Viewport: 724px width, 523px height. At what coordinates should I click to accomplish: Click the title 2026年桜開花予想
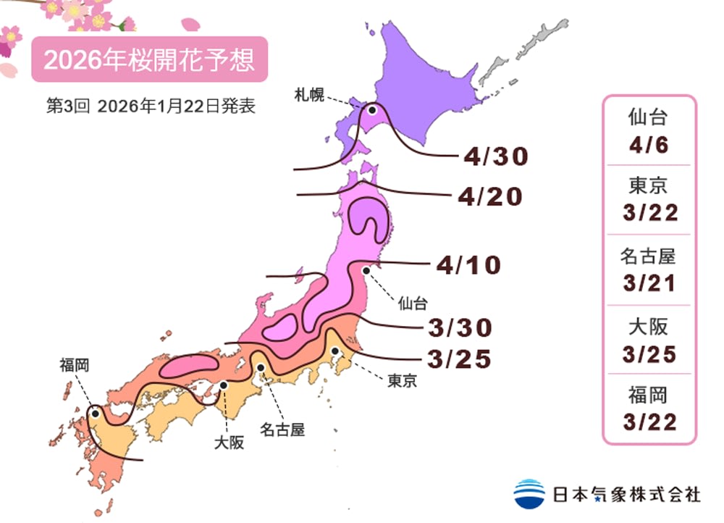click(149, 59)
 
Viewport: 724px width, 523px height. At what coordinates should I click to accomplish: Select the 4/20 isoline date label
click(489, 196)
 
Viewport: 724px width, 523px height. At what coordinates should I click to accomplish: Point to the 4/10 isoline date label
click(468, 265)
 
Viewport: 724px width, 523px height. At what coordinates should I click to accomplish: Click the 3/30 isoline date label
click(459, 327)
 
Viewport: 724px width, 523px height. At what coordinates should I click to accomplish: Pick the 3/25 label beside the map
click(459, 358)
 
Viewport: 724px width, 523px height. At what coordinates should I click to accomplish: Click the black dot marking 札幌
click(372, 111)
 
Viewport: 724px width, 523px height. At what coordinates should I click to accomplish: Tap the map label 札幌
click(308, 93)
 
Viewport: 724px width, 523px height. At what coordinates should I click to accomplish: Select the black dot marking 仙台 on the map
click(366, 271)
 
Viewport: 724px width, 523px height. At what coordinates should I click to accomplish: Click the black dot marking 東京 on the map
click(335, 351)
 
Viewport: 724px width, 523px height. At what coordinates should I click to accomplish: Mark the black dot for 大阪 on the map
click(224, 385)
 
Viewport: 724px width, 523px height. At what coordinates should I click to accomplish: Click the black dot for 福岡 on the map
click(95, 414)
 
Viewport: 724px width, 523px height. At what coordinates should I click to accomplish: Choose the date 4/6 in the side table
click(649, 144)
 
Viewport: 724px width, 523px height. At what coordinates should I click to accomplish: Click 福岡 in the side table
click(649, 396)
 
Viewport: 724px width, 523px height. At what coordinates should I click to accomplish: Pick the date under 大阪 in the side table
click(649, 354)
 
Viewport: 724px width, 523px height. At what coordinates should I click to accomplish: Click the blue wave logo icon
click(529, 493)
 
